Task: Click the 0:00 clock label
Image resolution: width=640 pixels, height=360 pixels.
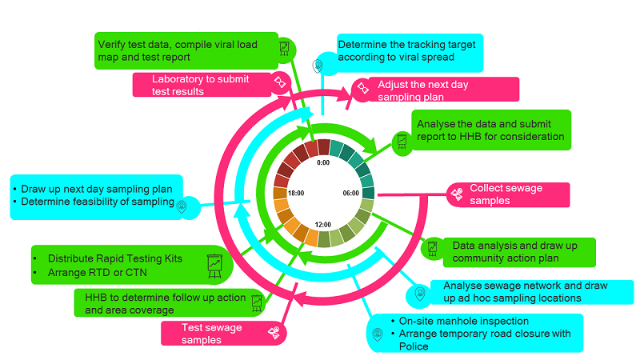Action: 323,162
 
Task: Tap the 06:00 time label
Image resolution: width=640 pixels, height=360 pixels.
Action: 350,193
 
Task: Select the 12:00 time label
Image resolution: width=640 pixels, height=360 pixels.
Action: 323,225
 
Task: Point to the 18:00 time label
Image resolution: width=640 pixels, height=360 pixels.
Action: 296,193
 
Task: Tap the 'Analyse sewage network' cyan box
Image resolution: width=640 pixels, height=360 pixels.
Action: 527,291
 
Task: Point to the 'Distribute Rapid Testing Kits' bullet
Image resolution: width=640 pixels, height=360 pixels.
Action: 115,258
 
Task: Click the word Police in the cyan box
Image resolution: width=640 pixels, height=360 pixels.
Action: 414,346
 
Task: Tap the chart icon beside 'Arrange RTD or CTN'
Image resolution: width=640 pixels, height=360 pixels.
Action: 214,265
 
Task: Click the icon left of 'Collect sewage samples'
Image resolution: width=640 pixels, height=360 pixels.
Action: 457,194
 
